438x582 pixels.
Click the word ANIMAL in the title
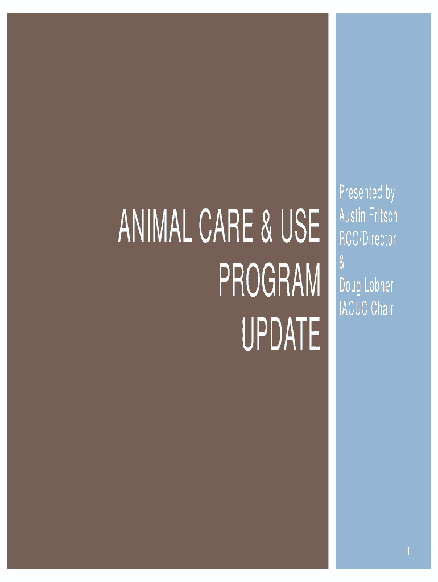click(155, 225)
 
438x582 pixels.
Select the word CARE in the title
click(226, 225)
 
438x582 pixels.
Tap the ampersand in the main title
click(267, 225)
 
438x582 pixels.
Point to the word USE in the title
click(300, 225)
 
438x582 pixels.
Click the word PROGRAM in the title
click(269, 280)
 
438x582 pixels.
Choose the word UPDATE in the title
click(281, 334)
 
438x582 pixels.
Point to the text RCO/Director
click(367, 239)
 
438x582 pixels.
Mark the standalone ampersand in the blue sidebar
click(342, 263)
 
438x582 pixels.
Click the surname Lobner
click(379, 285)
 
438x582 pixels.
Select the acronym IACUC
click(353, 309)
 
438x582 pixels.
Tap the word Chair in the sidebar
click(382, 309)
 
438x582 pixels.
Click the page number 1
click(408, 551)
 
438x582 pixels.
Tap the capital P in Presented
click(342, 192)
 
